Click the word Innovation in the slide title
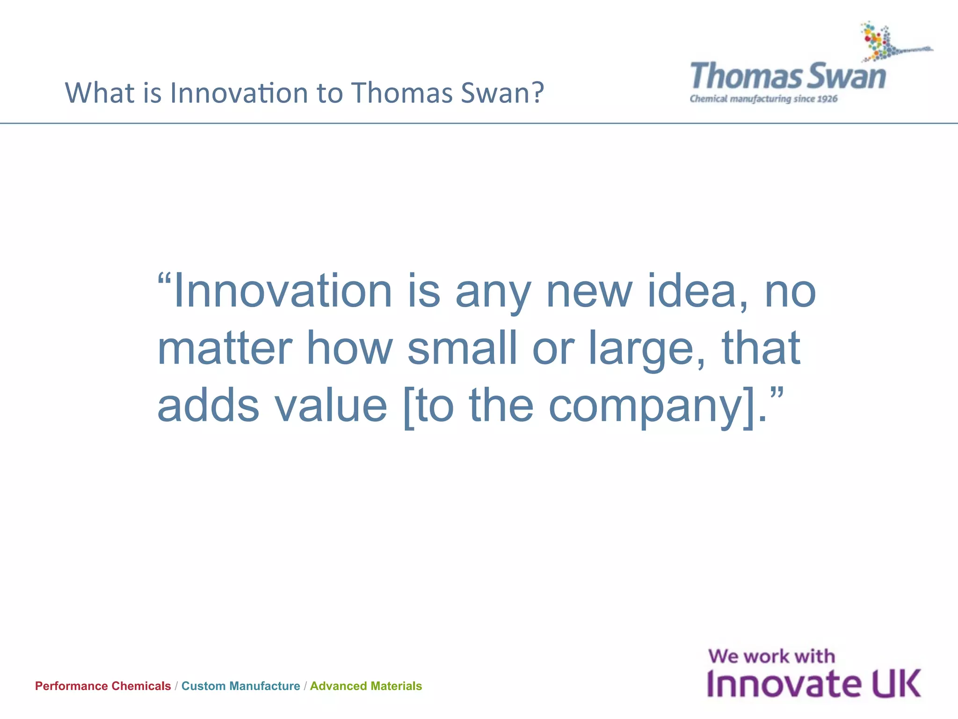pos(239,93)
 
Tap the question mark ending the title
pos(537,92)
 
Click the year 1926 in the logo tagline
pos(827,99)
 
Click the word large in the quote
pos(646,349)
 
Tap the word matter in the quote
pos(225,349)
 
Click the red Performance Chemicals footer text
pos(103,686)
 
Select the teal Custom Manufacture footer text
pos(240,686)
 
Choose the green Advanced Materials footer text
pos(366,686)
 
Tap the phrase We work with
pos(771,656)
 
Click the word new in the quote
pos(589,292)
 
